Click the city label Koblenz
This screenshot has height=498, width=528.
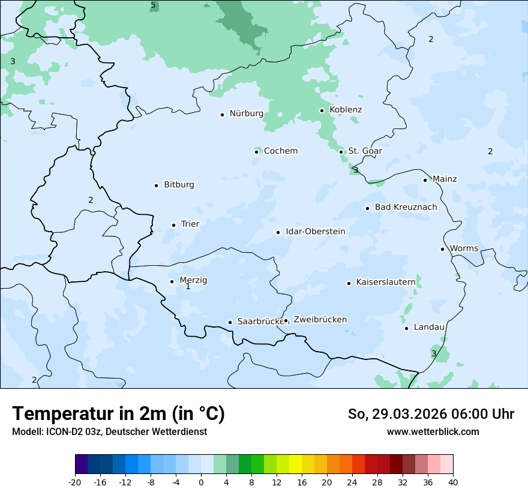point(346,110)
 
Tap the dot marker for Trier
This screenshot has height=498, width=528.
point(173,225)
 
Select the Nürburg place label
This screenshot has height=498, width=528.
point(246,113)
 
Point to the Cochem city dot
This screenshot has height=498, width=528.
point(256,152)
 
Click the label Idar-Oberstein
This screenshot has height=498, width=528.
point(315,231)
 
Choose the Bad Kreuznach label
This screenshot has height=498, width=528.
point(406,207)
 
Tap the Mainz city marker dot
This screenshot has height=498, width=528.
point(425,180)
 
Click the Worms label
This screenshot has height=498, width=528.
point(464,248)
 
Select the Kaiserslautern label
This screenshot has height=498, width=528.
point(385,282)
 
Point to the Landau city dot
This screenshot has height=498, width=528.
point(406,328)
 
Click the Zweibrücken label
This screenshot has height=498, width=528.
point(320,319)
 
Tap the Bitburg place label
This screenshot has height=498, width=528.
point(179,185)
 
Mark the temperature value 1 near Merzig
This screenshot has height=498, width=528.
point(188,287)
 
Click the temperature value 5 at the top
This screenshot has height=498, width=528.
point(153,5)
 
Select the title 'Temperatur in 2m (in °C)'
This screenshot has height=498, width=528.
point(118,414)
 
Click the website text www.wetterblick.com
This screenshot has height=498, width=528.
point(433,431)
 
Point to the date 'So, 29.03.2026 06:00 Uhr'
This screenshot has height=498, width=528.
point(431,414)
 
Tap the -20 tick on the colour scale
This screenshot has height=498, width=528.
point(75,482)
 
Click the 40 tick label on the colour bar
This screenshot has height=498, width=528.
point(453,482)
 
